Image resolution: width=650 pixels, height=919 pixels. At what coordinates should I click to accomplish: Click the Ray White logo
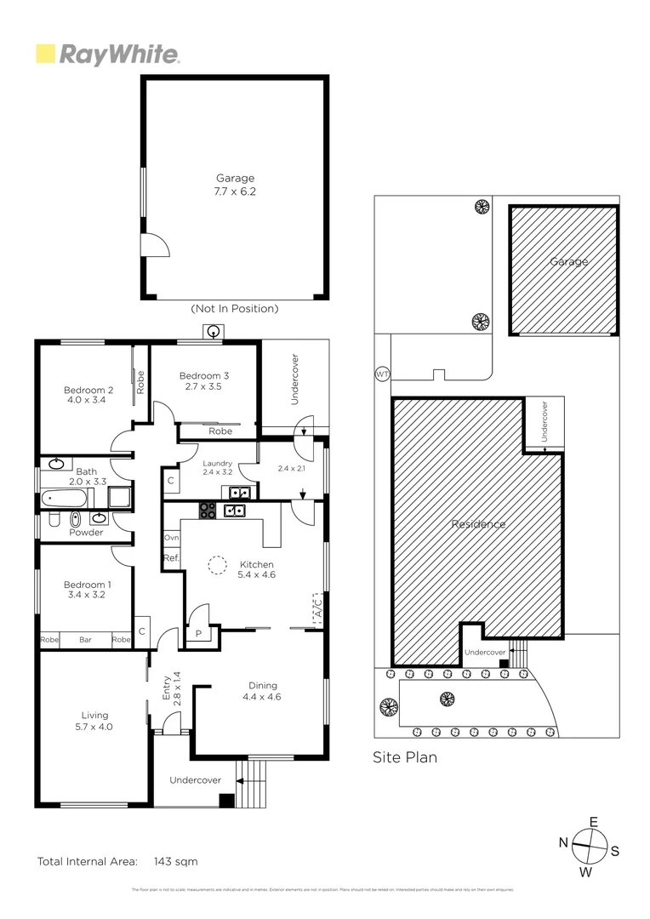click(x=107, y=55)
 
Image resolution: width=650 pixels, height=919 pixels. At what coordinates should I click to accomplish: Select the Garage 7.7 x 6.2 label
click(x=235, y=185)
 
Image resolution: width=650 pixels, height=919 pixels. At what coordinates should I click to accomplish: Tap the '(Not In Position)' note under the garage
click(x=235, y=309)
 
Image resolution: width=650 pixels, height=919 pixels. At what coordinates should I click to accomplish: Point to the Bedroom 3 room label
click(x=203, y=380)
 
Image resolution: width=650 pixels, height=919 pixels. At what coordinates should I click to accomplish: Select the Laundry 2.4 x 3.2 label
click(x=217, y=467)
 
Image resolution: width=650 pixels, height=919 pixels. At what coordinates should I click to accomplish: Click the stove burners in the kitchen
click(x=208, y=511)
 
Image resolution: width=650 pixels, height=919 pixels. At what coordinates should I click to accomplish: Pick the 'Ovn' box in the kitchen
click(x=172, y=538)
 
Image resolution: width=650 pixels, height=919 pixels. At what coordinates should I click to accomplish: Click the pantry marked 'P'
click(x=198, y=633)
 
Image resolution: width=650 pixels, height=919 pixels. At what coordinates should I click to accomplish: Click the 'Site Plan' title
click(x=405, y=756)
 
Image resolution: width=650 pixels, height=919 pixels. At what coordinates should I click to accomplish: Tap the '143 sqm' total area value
click(x=175, y=861)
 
